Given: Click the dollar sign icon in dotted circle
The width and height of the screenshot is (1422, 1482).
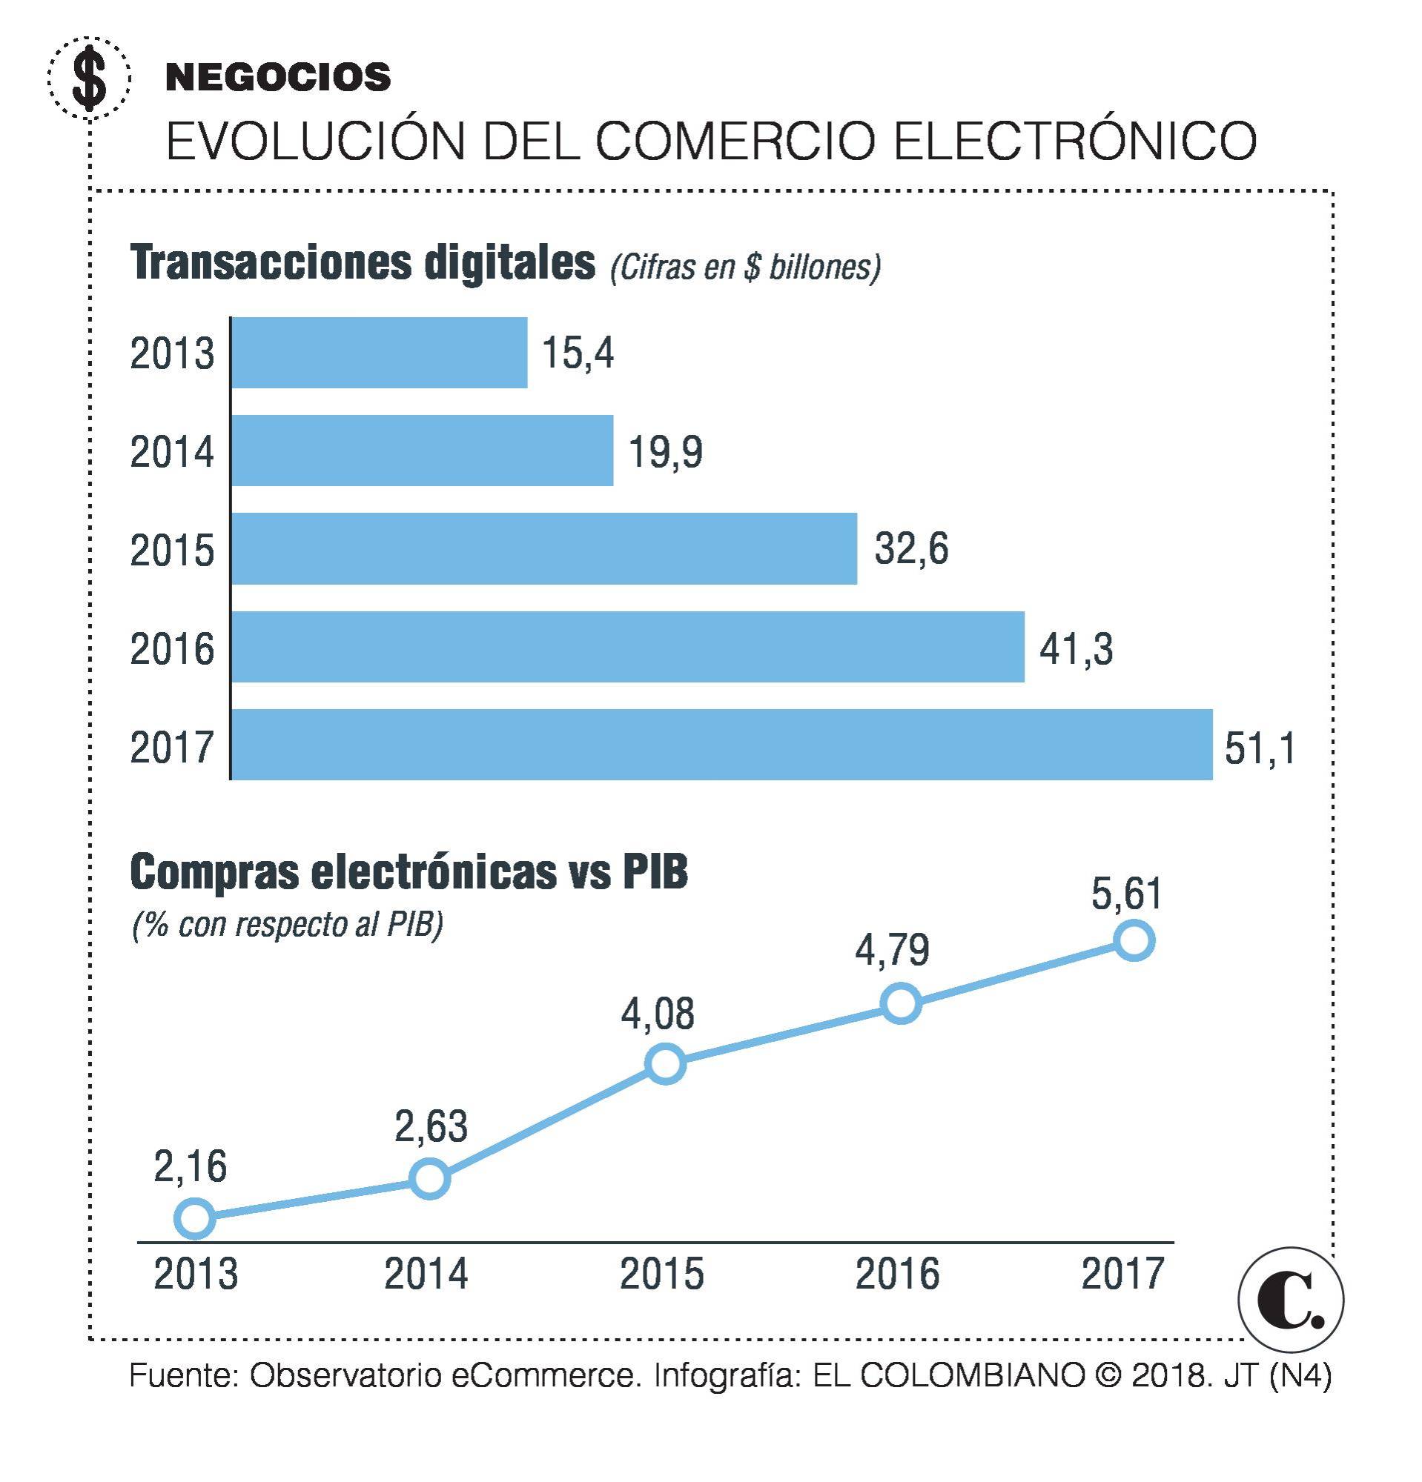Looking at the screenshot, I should (89, 78).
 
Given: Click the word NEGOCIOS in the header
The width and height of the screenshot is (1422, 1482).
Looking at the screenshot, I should (277, 77).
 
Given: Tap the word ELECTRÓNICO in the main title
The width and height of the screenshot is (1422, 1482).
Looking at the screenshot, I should (1074, 141).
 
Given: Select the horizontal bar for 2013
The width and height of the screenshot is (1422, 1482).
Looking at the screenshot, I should (379, 353).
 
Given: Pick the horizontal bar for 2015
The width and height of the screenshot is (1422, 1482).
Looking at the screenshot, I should (544, 549).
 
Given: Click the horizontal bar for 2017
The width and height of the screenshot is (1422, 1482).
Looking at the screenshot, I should (721, 745).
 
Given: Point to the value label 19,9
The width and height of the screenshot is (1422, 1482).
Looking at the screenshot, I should (666, 452).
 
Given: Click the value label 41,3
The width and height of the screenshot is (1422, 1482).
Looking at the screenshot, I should (1076, 648).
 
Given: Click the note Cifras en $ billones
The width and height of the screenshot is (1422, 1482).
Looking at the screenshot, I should (745, 268).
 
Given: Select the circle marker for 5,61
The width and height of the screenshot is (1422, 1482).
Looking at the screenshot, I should (1133, 940).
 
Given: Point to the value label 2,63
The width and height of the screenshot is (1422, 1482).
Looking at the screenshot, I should (431, 1126).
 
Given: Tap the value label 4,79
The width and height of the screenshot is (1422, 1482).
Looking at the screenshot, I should (892, 951).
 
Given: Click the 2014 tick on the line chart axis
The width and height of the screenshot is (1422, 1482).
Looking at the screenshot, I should (426, 1274).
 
